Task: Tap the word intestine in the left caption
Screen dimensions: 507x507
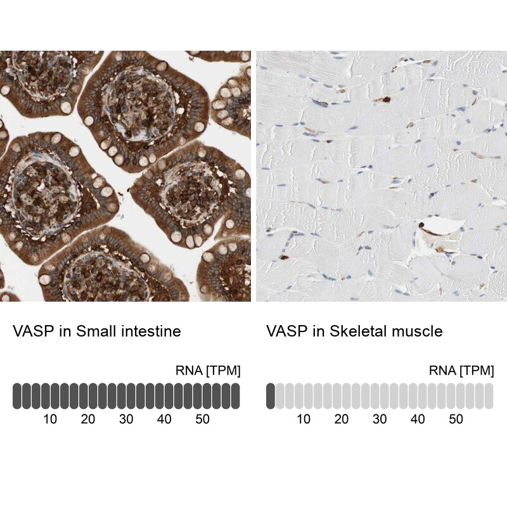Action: pyautogui.click(x=151, y=331)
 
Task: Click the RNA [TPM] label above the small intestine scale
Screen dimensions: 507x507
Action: pyautogui.click(x=208, y=371)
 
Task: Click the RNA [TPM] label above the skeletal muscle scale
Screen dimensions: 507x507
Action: pyautogui.click(x=461, y=371)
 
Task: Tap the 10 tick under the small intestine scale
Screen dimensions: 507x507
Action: pyautogui.click(x=50, y=419)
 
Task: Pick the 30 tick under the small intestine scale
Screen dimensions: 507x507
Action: pyautogui.click(x=126, y=419)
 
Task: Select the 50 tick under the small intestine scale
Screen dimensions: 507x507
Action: pyautogui.click(x=202, y=419)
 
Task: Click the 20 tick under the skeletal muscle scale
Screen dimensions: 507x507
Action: pyautogui.click(x=342, y=419)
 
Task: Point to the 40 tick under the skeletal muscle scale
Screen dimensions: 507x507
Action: pyautogui.click(x=418, y=419)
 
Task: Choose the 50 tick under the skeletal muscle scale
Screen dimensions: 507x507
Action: pyautogui.click(x=456, y=419)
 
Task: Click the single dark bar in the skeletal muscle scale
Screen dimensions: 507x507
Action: pyautogui.click(x=271, y=395)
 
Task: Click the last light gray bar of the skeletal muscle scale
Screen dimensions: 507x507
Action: pyautogui.click(x=489, y=395)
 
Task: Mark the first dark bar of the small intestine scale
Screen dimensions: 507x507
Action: pyautogui.click(x=17, y=395)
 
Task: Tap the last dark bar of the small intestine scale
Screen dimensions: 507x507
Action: pyautogui.click(x=236, y=395)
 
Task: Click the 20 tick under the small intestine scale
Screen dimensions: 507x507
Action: pyautogui.click(x=88, y=419)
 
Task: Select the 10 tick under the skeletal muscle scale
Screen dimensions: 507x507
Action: pyautogui.click(x=304, y=419)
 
